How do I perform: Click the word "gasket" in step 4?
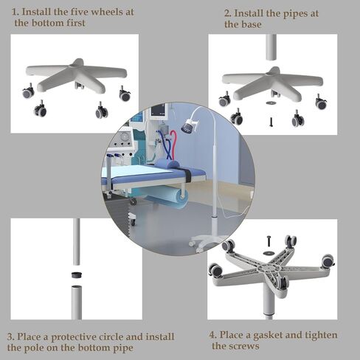[268, 335]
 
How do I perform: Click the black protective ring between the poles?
[77, 274]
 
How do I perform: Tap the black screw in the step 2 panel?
[271, 122]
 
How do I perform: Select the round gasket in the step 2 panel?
[271, 103]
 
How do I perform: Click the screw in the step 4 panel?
[269, 241]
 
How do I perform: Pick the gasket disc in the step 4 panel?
[269, 253]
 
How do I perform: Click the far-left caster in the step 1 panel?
[29, 91]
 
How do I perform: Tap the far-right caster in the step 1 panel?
[125, 94]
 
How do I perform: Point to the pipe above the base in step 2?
[271, 47]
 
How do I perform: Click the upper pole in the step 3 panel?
[77, 242]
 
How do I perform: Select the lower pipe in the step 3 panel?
[77, 302]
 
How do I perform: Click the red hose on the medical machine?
[173, 142]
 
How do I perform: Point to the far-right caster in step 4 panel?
[328, 261]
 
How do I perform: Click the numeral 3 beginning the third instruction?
[10, 336]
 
